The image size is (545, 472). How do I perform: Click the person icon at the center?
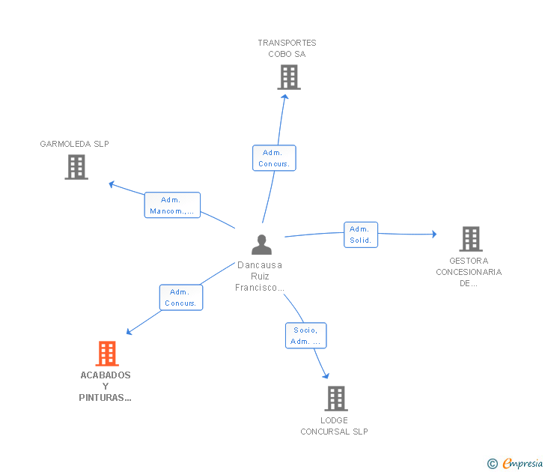pyautogui.click(x=261, y=244)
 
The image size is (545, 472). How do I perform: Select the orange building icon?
pyautogui.click(x=107, y=354)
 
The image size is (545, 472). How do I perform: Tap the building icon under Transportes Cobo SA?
pyautogui.click(x=289, y=77)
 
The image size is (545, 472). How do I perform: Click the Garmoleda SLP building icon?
pyautogui.click(x=76, y=167)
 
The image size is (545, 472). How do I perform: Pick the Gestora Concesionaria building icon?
pyautogui.click(x=471, y=239)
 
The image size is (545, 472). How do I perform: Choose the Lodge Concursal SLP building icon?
pyautogui.click(x=336, y=399)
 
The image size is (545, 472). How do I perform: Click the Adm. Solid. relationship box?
pyautogui.click(x=361, y=235)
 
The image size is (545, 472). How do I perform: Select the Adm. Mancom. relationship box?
pyautogui.click(x=172, y=205)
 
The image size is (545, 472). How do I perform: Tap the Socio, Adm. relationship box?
pyautogui.click(x=306, y=336)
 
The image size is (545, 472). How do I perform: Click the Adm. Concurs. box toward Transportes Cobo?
pyautogui.click(x=274, y=158)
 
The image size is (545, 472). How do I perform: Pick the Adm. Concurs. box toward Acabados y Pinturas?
pyautogui.click(x=181, y=297)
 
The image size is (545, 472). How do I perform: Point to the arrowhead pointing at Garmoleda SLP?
pyautogui.click(x=112, y=184)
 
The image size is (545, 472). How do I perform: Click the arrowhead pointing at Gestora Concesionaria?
pyautogui.click(x=434, y=234)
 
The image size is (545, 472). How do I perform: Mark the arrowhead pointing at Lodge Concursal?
pyautogui.click(x=326, y=375)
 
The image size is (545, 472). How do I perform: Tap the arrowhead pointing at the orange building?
pyautogui.click(x=129, y=332)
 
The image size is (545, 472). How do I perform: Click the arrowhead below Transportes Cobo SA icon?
pyautogui.click(x=285, y=97)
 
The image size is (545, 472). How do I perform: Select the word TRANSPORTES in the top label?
pyautogui.click(x=287, y=43)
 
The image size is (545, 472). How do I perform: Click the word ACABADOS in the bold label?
pyautogui.click(x=106, y=375)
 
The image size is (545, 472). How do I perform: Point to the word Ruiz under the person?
pyautogui.click(x=260, y=276)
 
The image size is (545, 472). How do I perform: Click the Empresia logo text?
pyautogui.click(x=523, y=463)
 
